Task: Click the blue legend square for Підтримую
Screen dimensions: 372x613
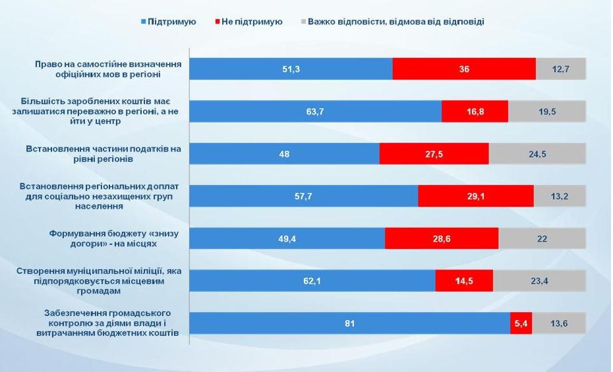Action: click(144, 22)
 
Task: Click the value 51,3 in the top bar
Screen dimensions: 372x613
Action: click(291, 69)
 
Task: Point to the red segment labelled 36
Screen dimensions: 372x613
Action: click(464, 69)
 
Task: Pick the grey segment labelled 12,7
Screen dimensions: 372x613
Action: click(561, 69)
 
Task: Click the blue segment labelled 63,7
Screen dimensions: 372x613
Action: click(315, 112)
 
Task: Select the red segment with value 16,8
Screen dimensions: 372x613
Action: click(475, 112)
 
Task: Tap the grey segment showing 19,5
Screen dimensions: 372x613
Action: click(547, 112)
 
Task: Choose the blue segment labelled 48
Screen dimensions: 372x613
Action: click(284, 154)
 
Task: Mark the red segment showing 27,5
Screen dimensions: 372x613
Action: click(434, 154)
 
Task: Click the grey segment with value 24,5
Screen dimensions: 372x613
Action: click(537, 154)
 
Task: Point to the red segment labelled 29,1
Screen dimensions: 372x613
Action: click(475, 196)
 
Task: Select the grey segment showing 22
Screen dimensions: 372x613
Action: click(542, 238)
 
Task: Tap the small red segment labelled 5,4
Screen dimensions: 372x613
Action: click(521, 323)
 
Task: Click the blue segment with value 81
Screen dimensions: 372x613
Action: click(349, 323)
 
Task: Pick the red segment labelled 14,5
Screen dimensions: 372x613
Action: click(464, 281)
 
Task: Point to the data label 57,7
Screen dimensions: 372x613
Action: click(303, 196)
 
